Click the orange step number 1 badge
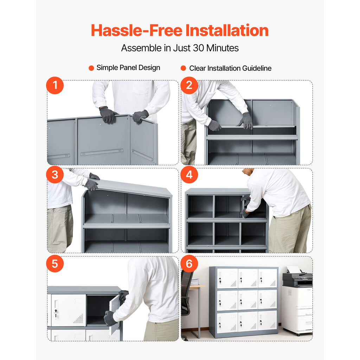55,85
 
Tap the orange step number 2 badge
189,85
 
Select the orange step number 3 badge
55,175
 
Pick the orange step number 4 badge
189,175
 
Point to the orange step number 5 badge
55,264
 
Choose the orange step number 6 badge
189,264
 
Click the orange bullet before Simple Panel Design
91,68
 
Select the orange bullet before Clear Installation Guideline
183,68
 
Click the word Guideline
257,68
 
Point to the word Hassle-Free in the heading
137,30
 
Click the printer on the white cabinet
297,276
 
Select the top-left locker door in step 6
227,278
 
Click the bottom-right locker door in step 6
268,321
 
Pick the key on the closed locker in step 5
56,313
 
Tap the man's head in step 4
249,171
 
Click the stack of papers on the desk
195,282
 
